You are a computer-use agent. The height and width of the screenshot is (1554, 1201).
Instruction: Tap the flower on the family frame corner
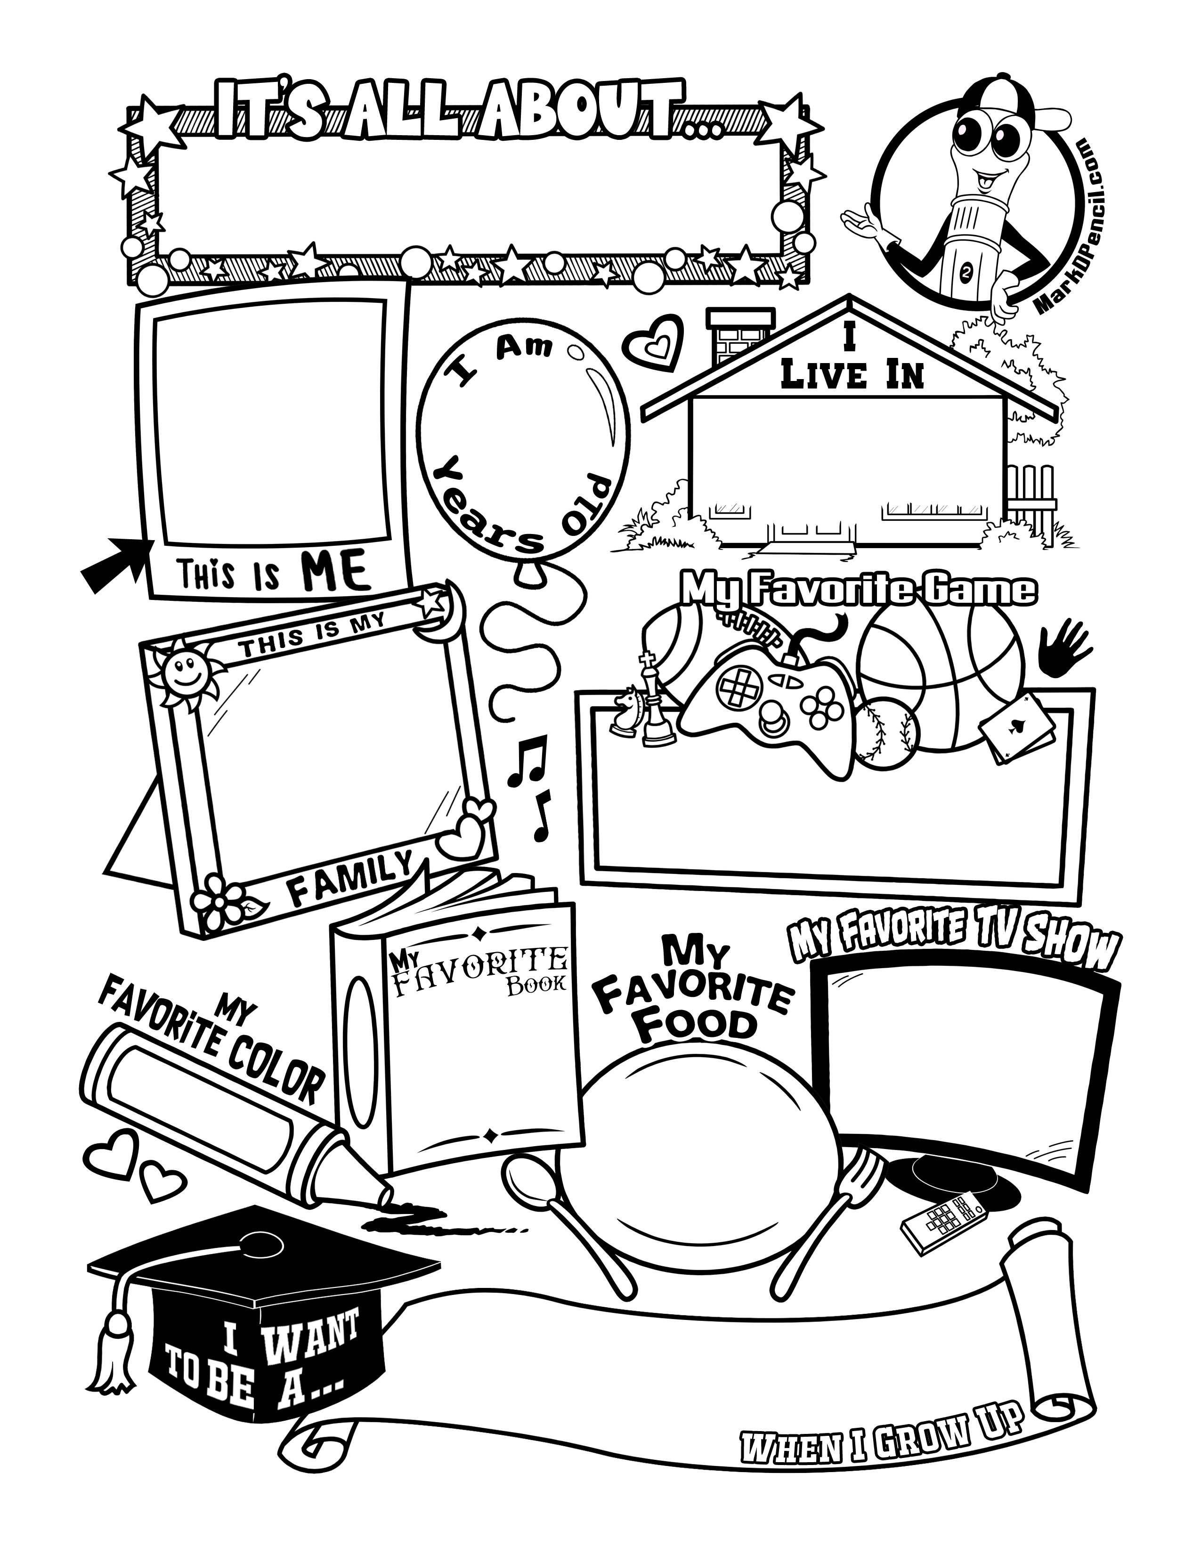click(x=223, y=898)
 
